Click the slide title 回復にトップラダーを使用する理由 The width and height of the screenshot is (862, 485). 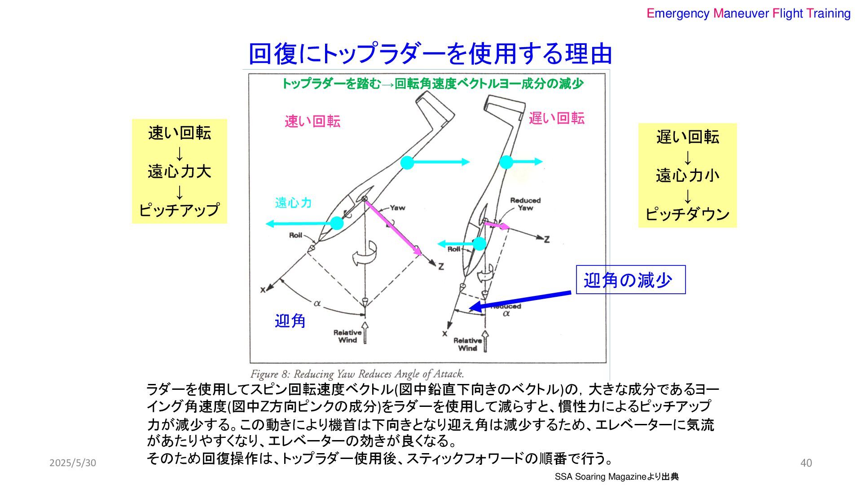(430, 53)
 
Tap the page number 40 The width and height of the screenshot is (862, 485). (806, 463)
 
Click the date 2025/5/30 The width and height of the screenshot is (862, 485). (73, 463)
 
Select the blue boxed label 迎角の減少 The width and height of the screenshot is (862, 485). (630, 280)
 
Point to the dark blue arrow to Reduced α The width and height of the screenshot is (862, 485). (521, 300)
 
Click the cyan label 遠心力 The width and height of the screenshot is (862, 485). (293, 203)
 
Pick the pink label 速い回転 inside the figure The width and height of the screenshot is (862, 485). (312, 121)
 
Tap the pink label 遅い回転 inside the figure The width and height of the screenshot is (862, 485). (556, 119)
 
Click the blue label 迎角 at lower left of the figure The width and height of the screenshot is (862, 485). (290, 321)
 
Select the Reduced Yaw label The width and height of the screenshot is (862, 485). (525, 204)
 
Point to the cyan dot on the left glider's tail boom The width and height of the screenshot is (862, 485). (407, 163)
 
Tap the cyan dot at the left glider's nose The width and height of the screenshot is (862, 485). (337, 223)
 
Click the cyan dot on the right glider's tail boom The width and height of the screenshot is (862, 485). (506, 162)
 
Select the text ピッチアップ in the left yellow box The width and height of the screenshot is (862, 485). (179, 210)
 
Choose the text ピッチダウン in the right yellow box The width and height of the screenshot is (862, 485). (687, 214)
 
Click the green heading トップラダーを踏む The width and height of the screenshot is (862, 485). (331, 84)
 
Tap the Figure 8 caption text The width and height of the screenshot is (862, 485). (357, 374)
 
